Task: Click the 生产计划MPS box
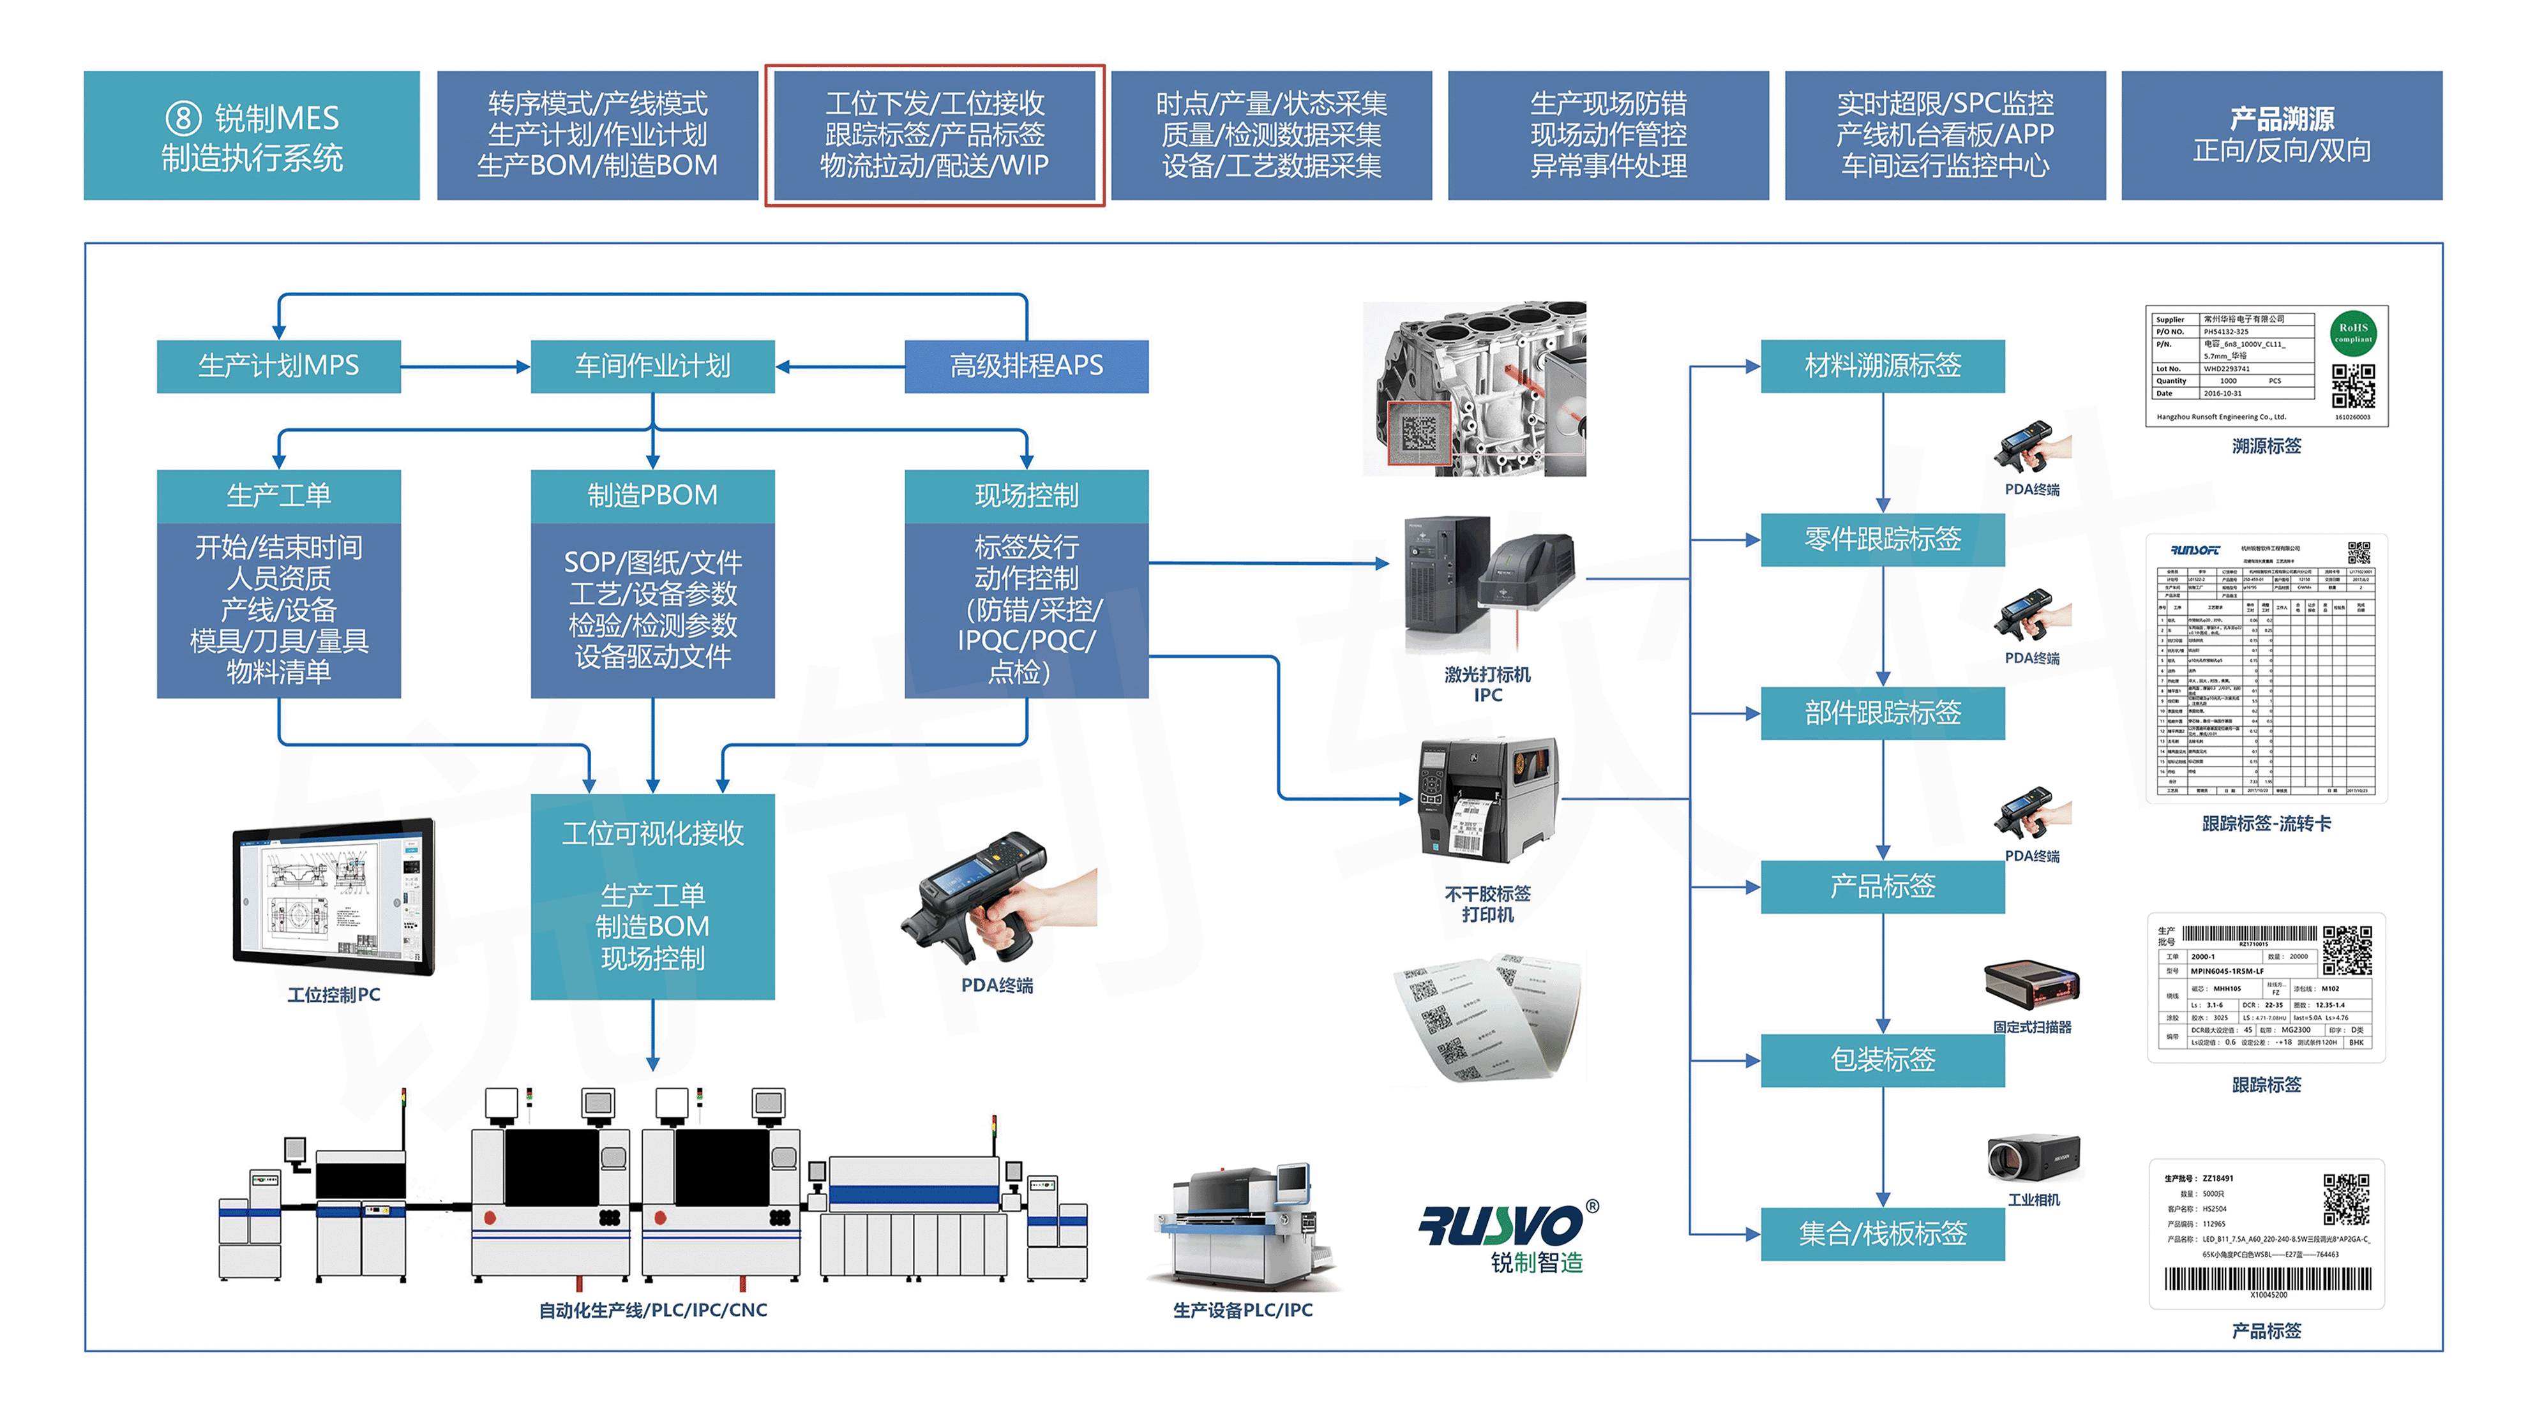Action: click(279, 366)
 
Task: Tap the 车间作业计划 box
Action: click(652, 366)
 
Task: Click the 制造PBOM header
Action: click(652, 496)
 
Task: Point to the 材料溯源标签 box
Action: click(1882, 366)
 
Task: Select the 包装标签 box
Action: click(1882, 1060)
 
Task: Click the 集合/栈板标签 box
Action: click(1882, 1233)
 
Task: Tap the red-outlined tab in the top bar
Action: click(934, 135)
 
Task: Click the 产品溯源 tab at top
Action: click(2282, 135)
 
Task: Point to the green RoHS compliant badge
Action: click(2352, 332)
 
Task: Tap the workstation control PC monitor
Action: click(334, 895)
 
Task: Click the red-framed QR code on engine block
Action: click(1418, 433)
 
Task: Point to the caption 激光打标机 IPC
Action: click(1487, 684)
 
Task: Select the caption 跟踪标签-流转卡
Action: click(2266, 823)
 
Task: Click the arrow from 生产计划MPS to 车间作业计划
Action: click(465, 367)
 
